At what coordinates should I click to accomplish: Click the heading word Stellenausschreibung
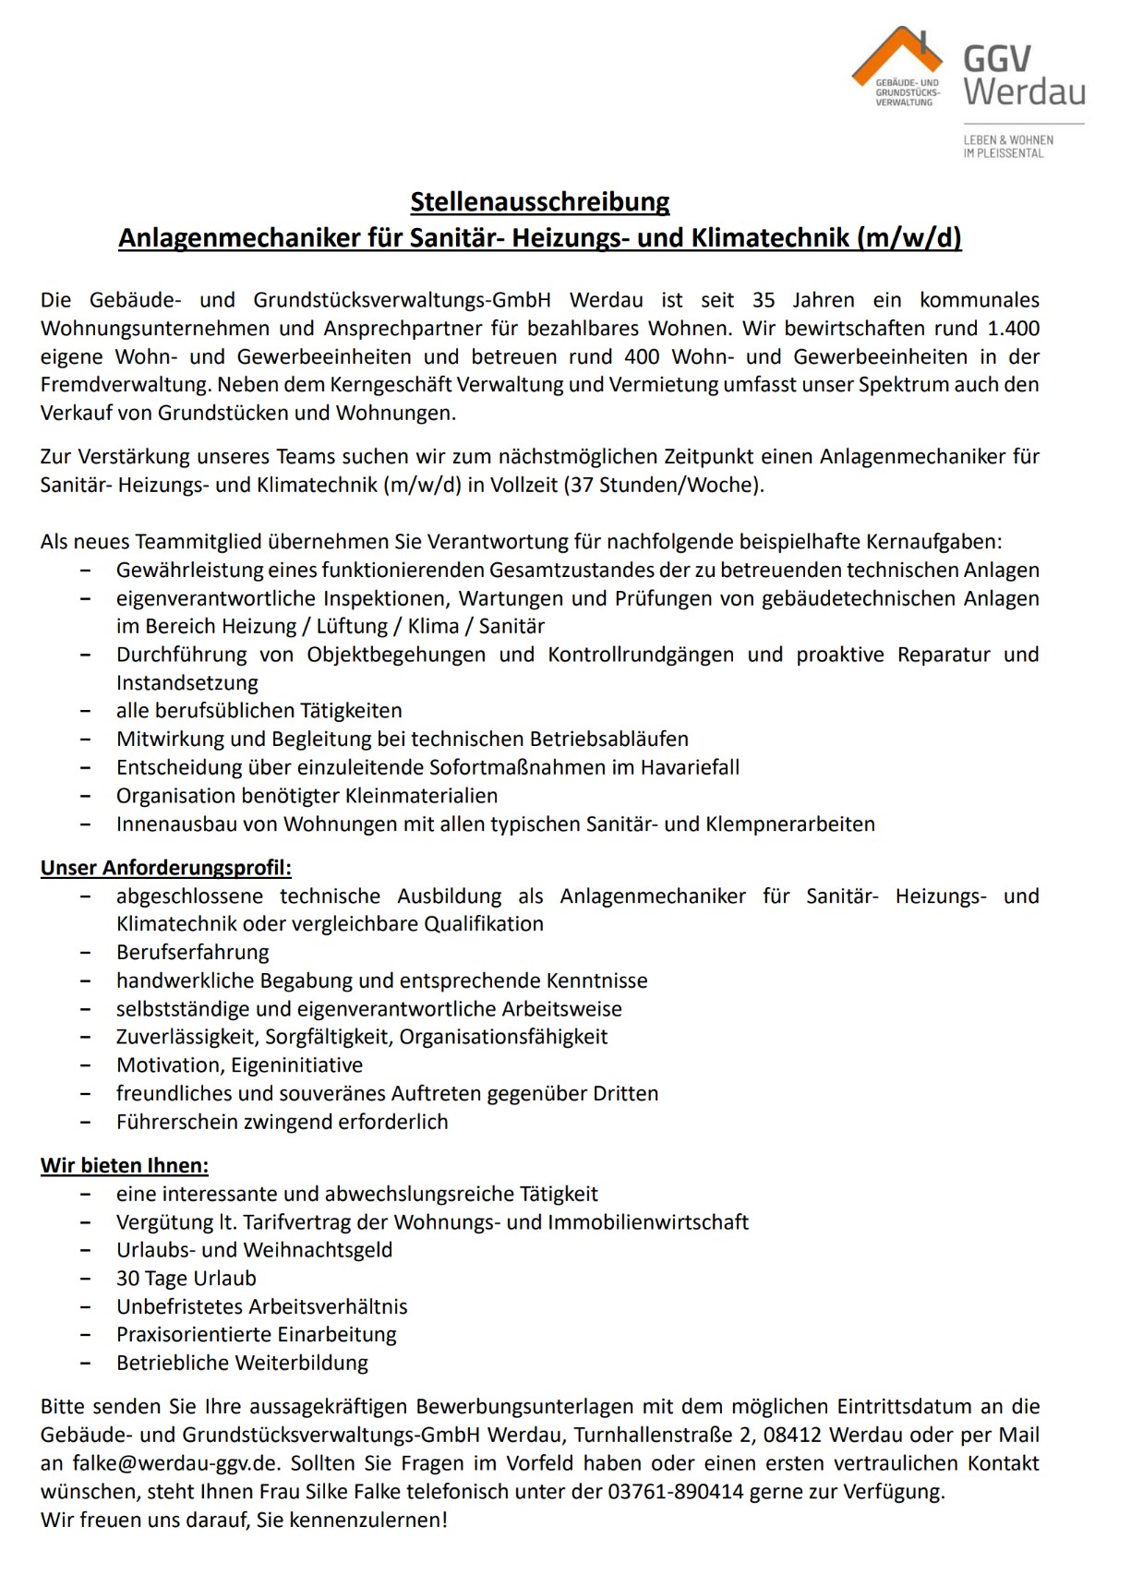click(540, 202)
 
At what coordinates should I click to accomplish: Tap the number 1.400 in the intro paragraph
click(1013, 329)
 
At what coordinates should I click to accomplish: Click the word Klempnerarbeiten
click(789, 824)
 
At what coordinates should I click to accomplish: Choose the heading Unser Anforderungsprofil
click(166, 868)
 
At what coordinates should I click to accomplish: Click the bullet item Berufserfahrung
click(193, 953)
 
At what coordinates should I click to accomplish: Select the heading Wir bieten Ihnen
click(125, 1166)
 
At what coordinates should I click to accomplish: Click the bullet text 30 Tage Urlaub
click(186, 1279)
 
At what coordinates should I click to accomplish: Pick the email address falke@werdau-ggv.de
click(175, 1464)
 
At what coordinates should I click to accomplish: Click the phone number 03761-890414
click(675, 1492)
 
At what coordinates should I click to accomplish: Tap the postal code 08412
click(790, 1436)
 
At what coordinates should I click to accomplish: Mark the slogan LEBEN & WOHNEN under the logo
click(1008, 140)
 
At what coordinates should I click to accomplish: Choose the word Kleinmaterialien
click(421, 796)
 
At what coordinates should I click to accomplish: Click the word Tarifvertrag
click(296, 1222)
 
